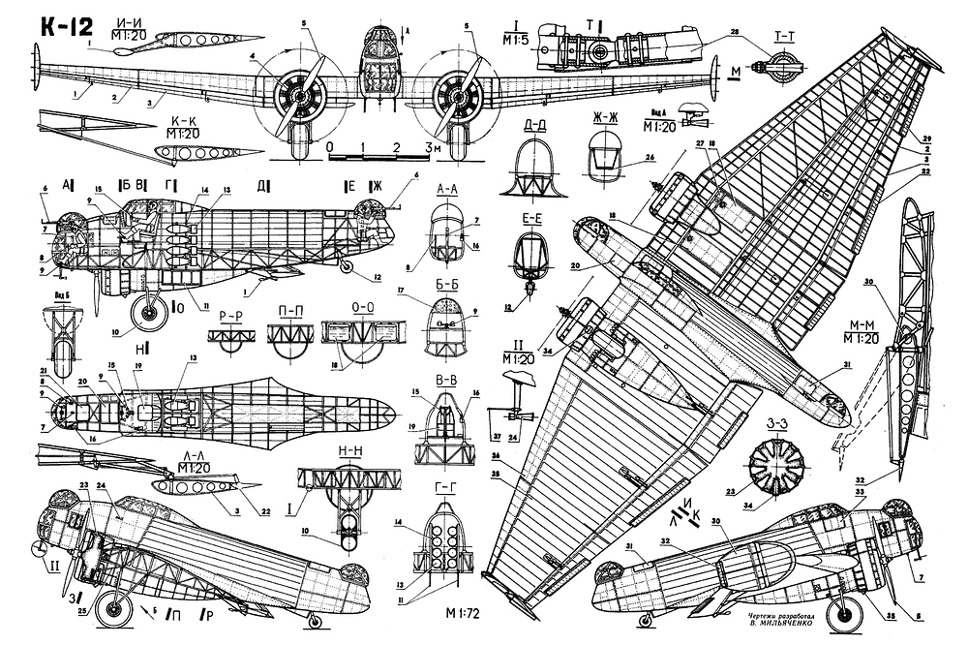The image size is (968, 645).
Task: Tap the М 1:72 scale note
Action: coord(467,613)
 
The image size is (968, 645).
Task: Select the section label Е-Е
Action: coord(529,220)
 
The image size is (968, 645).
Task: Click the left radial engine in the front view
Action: coord(302,96)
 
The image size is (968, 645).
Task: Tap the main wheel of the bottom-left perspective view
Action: coord(118,611)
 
